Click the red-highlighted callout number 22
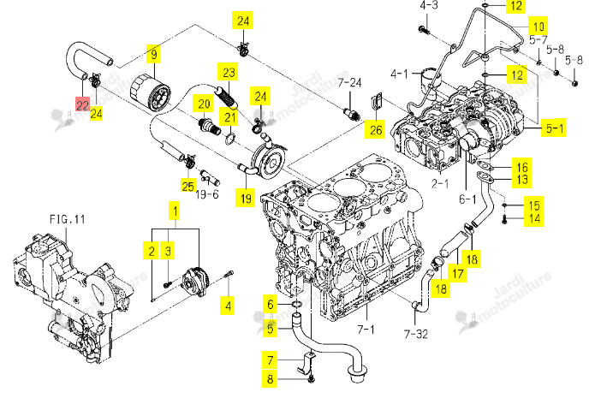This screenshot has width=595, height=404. pos(83,104)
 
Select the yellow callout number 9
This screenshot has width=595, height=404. pos(154,54)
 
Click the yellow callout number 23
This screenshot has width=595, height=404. pos(228,72)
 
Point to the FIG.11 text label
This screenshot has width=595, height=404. pos(68,219)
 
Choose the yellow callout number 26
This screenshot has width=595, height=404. pos(375,130)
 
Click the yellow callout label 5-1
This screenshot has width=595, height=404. pos(555,128)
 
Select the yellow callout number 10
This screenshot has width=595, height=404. pos(538,27)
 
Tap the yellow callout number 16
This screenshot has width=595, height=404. pos(522,167)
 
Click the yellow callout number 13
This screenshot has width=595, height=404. pos(522,180)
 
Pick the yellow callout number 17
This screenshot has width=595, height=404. pos(458,273)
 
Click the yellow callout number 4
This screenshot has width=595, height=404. pos(228,306)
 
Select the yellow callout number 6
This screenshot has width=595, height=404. pos(271,304)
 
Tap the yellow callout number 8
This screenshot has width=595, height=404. pos(270,379)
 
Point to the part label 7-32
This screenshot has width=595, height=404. pos(416,334)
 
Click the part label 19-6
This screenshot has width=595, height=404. pos(207,194)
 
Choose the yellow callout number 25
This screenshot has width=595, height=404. pos(188,186)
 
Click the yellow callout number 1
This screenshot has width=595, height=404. pos(175,211)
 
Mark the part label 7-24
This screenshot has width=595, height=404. pos(349,82)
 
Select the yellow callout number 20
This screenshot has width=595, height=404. pos(204,104)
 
